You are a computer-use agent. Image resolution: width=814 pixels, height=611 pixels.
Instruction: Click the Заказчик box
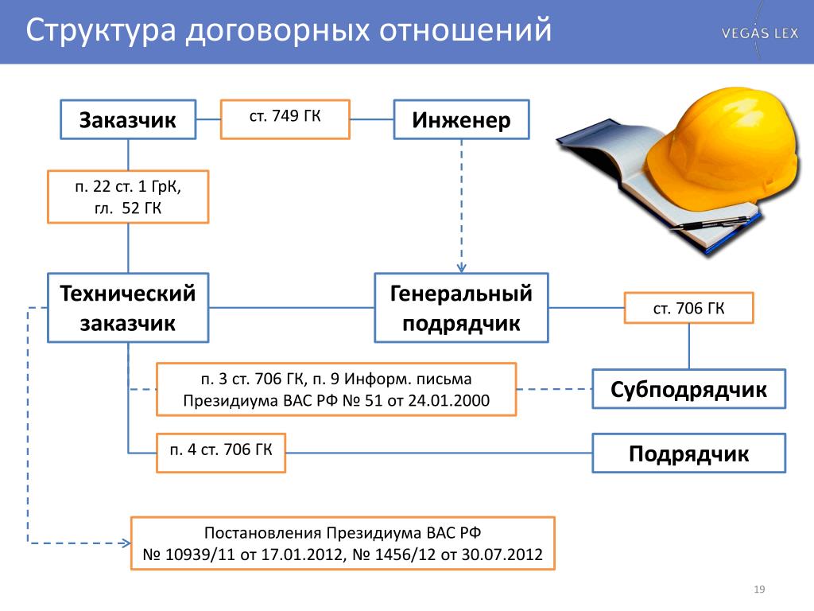(x=128, y=119)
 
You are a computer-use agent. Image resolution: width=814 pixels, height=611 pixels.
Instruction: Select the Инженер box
(x=461, y=119)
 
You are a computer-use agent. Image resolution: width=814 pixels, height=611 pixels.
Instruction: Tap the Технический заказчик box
(x=128, y=308)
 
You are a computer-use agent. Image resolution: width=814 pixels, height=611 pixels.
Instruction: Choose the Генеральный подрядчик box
(x=461, y=308)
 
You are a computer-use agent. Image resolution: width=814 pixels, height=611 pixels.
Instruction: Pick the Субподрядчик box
(x=688, y=388)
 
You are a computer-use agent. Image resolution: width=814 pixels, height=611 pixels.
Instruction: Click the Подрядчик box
(x=688, y=453)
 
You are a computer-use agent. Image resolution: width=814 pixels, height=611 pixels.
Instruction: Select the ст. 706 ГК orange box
(x=688, y=308)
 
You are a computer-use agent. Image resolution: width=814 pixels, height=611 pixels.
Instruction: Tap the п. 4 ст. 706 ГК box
(x=221, y=453)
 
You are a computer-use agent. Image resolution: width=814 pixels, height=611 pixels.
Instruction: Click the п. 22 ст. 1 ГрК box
(x=128, y=197)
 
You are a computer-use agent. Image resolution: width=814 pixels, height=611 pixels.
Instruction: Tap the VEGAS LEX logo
(x=759, y=33)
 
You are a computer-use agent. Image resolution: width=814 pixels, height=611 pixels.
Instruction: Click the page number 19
(x=759, y=590)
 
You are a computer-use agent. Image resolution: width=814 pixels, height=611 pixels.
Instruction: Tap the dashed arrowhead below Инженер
(x=461, y=268)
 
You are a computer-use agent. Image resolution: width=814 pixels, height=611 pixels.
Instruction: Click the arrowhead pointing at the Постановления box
(x=125, y=543)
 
